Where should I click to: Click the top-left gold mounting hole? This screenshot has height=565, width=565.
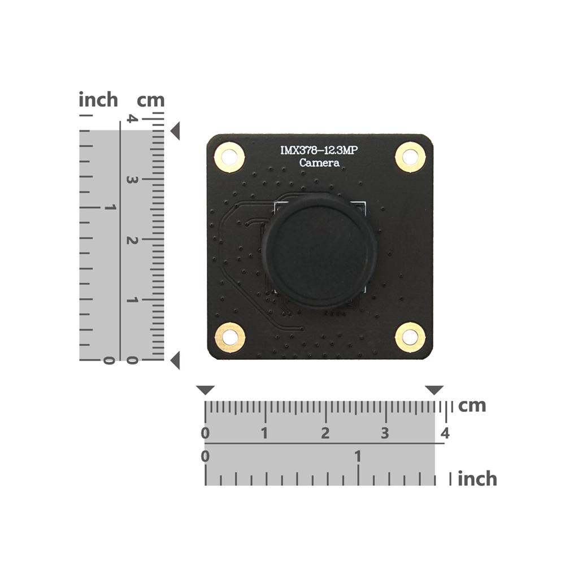(x=229, y=157)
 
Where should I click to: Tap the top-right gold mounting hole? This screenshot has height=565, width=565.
(x=410, y=157)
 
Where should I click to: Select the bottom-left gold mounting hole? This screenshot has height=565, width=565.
(x=230, y=337)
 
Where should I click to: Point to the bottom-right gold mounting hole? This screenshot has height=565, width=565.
(x=410, y=337)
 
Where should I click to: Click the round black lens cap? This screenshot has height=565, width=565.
(x=319, y=251)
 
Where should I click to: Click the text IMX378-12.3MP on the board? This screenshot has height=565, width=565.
(x=320, y=150)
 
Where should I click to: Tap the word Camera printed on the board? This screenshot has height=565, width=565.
(x=320, y=163)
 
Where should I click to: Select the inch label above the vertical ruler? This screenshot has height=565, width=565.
(x=98, y=100)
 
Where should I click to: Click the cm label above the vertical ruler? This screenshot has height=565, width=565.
(x=151, y=101)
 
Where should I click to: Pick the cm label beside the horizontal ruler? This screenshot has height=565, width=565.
(x=472, y=405)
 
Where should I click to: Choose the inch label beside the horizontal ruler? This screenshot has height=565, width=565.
(x=477, y=479)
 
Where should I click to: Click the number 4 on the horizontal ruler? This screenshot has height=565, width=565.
(x=445, y=433)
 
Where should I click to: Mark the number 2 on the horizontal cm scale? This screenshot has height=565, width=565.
(x=325, y=433)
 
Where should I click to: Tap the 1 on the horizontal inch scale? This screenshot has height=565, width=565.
(x=358, y=456)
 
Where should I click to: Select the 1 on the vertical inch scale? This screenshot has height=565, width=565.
(x=110, y=207)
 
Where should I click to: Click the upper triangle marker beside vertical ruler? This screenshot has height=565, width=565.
(x=175, y=131)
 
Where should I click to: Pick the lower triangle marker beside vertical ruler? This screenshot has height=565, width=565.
(x=175, y=360)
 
